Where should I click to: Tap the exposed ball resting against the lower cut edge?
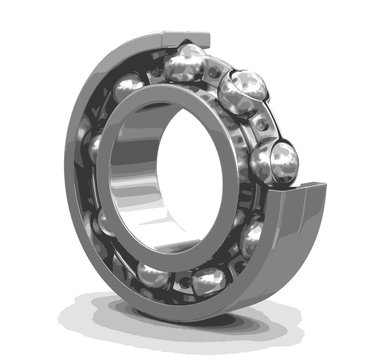click(274, 160)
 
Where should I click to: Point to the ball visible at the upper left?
click(127, 89)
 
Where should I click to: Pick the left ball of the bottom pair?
click(155, 274)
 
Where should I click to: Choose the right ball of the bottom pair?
click(208, 281)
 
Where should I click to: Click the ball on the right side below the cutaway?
click(253, 238)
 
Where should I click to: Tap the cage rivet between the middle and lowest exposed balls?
click(262, 124)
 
